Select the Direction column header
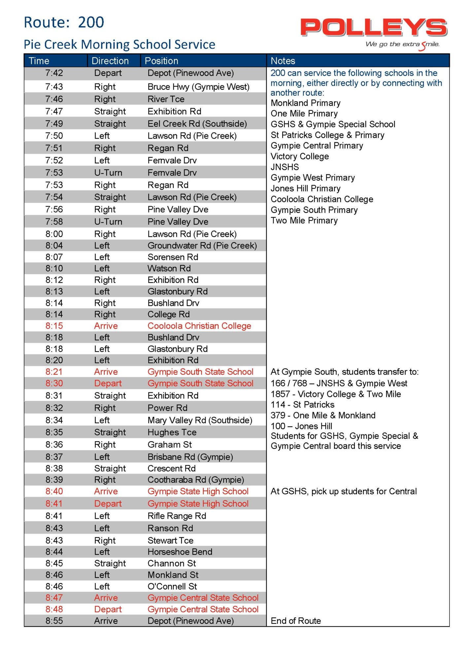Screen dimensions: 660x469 coord(110,61)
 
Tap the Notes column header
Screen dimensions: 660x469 coord(283,61)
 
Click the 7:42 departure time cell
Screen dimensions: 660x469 coord(54,73)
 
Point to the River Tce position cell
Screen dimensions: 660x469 coord(166,99)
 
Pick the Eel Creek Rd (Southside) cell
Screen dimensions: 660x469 coord(197,124)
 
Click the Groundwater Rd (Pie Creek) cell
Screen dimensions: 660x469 coord(202,246)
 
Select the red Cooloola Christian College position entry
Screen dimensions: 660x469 coord(199,326)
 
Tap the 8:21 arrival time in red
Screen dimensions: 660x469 coord(54,372)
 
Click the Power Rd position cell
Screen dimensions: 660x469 coord(167,408)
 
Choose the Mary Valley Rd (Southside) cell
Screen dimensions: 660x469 coord(200,420)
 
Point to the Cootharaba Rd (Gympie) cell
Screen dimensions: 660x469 coord(196,480)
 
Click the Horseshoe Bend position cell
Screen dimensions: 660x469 coord(180,552)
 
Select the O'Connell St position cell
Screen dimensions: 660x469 coord(172,586)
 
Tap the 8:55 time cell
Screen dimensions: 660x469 coord(54,621)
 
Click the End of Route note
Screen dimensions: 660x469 coord(296,621)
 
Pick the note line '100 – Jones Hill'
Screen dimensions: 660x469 coord(301,426)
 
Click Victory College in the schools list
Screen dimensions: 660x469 coord(300,156)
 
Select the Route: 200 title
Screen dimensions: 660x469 coord(64,22)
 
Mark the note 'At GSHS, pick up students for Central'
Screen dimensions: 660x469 coord(344,491)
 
